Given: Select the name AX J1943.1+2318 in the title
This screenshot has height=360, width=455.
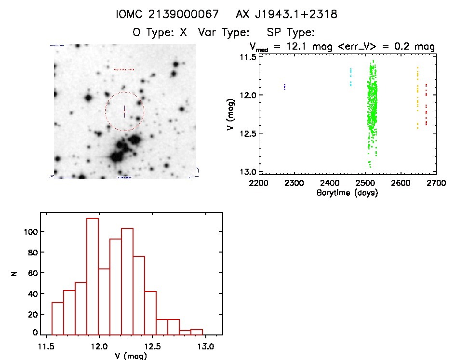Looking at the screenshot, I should pyautogui.click(x=286, y=14).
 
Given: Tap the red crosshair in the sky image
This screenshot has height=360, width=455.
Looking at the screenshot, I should pyautogui.click(x=124, y=111).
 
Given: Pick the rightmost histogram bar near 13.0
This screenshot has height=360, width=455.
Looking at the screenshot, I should pyautogui.click(x=197, y=332).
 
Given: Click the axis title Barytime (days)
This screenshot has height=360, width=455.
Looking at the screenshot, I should pyautogui.click(x=347, y=193).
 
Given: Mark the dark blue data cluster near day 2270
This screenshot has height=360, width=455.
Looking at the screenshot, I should pyautogui.click(x=284, y=87).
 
